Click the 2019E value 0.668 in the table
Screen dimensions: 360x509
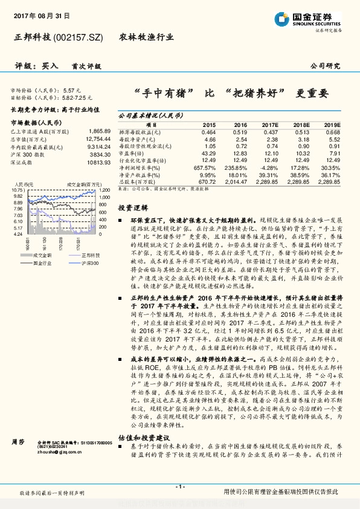click(x=333, y=132)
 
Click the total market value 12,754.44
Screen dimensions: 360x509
click(x=97, y=138)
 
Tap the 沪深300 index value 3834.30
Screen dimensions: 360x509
click(x=99, y=154)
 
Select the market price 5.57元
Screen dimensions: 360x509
click(x=72, y=89)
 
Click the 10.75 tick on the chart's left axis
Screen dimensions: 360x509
click(x=17, y=190)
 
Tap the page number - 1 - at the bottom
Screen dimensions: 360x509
click(x=179, y=486)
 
